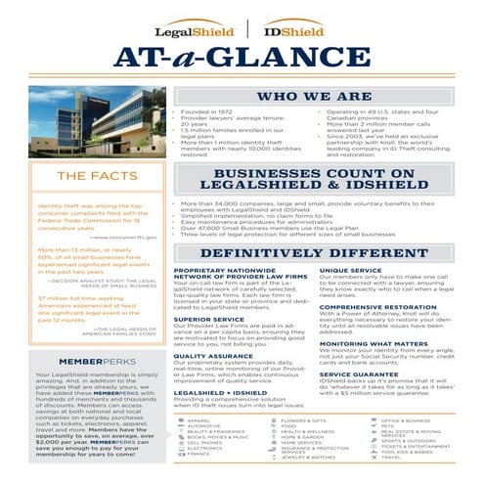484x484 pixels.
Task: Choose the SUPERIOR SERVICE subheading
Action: click(x=208, y=319)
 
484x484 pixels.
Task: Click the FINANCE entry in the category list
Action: click(x=198, y=453)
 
